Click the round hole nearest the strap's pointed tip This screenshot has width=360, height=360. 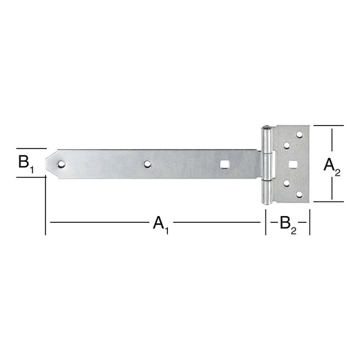(x=62, y=164)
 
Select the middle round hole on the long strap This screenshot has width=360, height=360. (x=147, y=164)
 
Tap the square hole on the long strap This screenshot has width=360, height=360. (x=224, y=164)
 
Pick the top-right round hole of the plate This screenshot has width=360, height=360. (x=299, y=135)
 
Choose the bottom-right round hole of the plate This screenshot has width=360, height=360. (x=299, y=195)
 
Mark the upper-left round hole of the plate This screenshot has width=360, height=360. (x=287, y=145)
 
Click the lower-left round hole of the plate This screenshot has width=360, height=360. (x=287, y=184)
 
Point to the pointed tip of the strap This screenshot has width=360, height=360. (x=48, y=163)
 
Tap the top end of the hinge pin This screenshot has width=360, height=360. (x=266, y=127)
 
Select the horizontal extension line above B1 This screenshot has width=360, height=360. (x=31, y=148)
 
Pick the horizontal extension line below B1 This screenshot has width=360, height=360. (x=31, y=177)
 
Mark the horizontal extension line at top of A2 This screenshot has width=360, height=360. (x=328, y=126)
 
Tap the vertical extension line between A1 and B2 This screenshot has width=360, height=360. (x=266, y=223)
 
